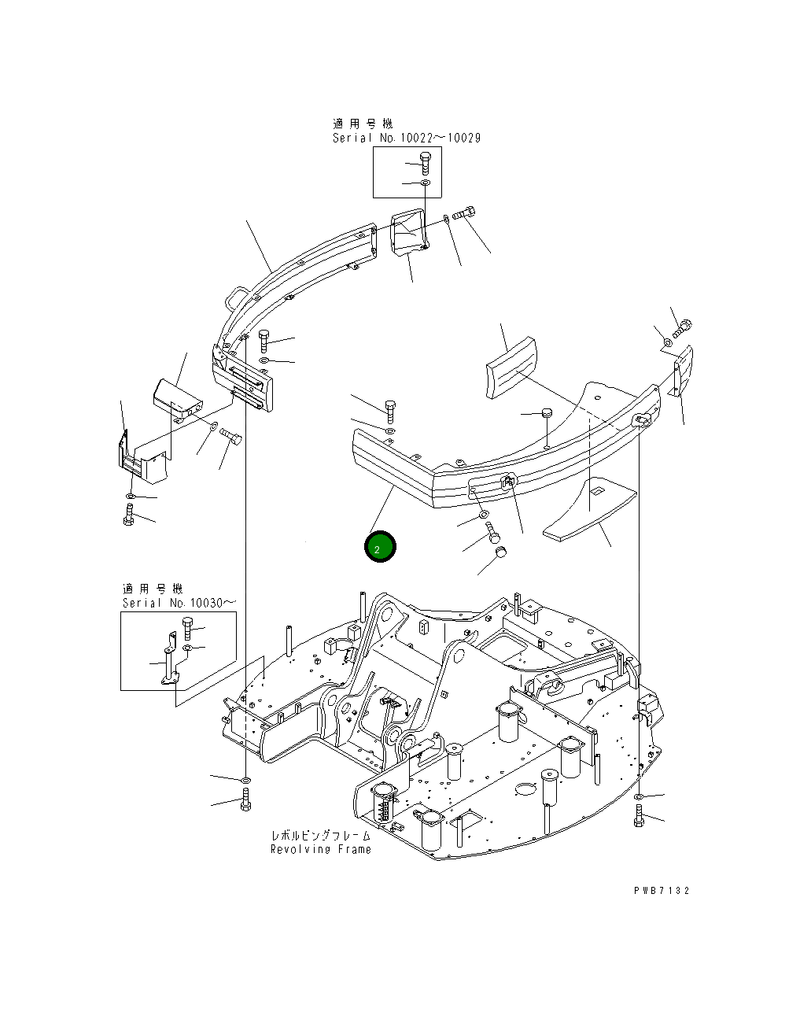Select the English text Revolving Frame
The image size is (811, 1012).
320,850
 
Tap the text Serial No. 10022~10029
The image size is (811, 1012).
406,138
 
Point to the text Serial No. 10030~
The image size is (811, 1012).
178,603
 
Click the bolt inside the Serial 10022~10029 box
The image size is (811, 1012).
425,164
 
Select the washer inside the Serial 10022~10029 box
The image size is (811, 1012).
425,183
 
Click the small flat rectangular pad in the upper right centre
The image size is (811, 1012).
511,368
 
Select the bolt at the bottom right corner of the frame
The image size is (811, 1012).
639,816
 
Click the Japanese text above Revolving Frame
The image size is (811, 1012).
320,836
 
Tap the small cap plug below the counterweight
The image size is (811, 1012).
500,556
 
